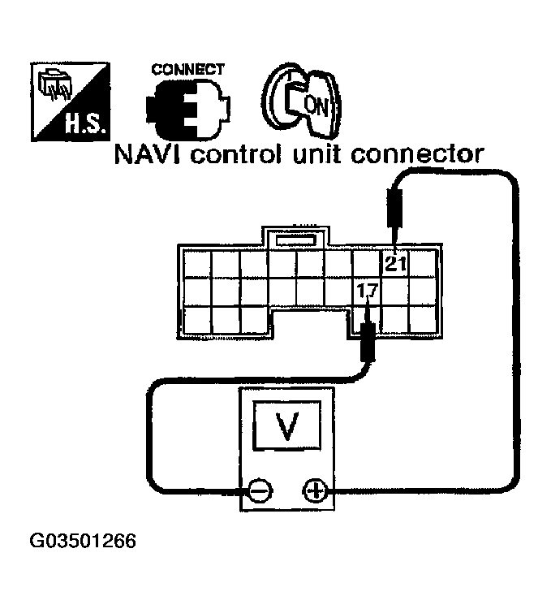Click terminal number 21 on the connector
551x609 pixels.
(x=396, y=263)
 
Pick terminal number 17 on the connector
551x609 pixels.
(x=367, y=289)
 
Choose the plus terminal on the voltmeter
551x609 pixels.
(x=315, y=490)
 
